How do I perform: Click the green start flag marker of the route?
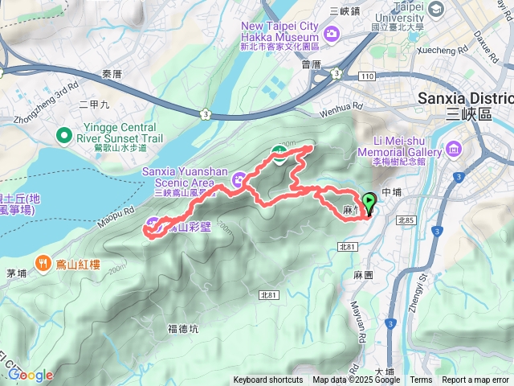(x=369, y=203)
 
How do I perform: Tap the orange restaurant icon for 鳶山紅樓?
(x=43, y=262)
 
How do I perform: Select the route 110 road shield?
(x=368, y=76)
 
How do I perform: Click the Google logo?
(x=31, y=375)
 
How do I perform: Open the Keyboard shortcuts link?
(x=268, y=380)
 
